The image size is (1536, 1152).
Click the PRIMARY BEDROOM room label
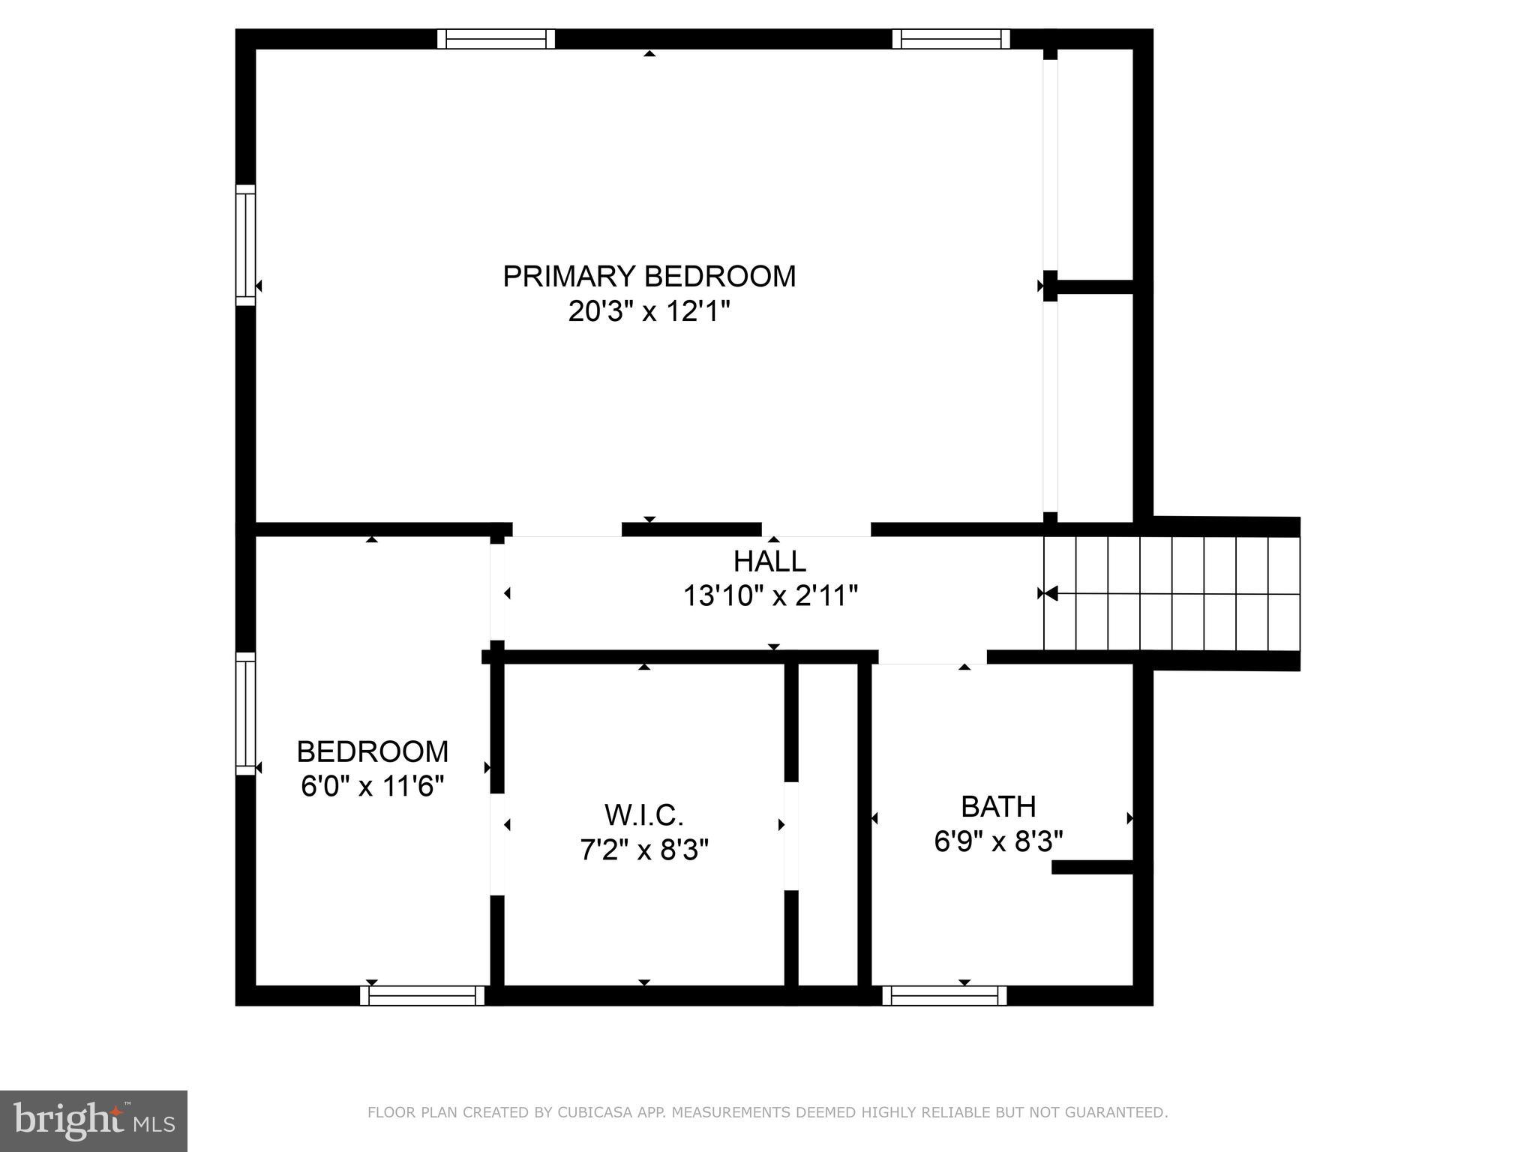649,277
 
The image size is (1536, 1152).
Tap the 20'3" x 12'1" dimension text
649,310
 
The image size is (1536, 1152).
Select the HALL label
769,561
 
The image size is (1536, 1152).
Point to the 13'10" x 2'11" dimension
769,596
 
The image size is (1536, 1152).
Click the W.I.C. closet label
643,814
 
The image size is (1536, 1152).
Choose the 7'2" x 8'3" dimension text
643,850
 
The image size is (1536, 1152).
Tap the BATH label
998,807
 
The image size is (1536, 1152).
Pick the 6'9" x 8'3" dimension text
998,841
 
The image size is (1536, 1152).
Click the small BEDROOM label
372,751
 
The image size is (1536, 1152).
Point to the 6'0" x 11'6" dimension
372,787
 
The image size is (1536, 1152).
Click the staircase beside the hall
1171,593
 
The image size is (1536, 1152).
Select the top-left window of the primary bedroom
496,39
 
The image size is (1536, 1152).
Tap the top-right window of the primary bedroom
951,39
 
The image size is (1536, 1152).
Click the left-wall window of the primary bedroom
246,245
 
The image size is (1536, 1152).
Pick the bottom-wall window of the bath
944,996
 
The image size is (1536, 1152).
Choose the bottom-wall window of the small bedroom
422,996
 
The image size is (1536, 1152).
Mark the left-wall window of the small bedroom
246,713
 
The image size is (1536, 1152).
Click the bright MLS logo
94,1121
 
